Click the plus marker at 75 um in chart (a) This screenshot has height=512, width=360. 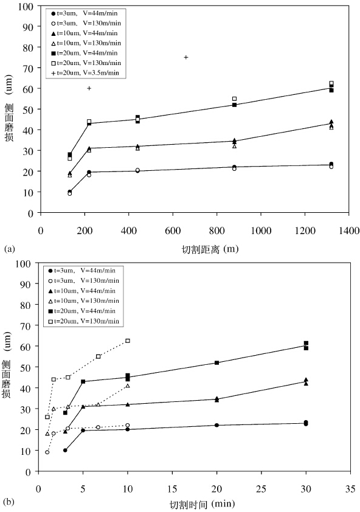pos(186,57)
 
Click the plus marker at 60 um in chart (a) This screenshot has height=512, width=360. pos(89,88)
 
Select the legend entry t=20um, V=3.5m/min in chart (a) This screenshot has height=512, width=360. pos(85,73)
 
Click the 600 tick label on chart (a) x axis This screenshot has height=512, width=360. pos(173,230)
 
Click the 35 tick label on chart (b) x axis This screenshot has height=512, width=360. pos(350,489)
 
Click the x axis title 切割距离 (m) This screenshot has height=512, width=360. pos(210,249)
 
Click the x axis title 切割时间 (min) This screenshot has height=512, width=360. pos(202,505)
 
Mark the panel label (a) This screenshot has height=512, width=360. pos(10,249)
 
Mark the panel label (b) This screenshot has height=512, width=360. pos(9,501)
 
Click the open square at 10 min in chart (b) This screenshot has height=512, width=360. pos(128,341)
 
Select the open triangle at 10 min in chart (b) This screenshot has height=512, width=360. pos(128,386)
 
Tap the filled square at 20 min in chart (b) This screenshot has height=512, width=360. pos(216,363)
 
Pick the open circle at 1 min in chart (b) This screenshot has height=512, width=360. pos(47,452)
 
